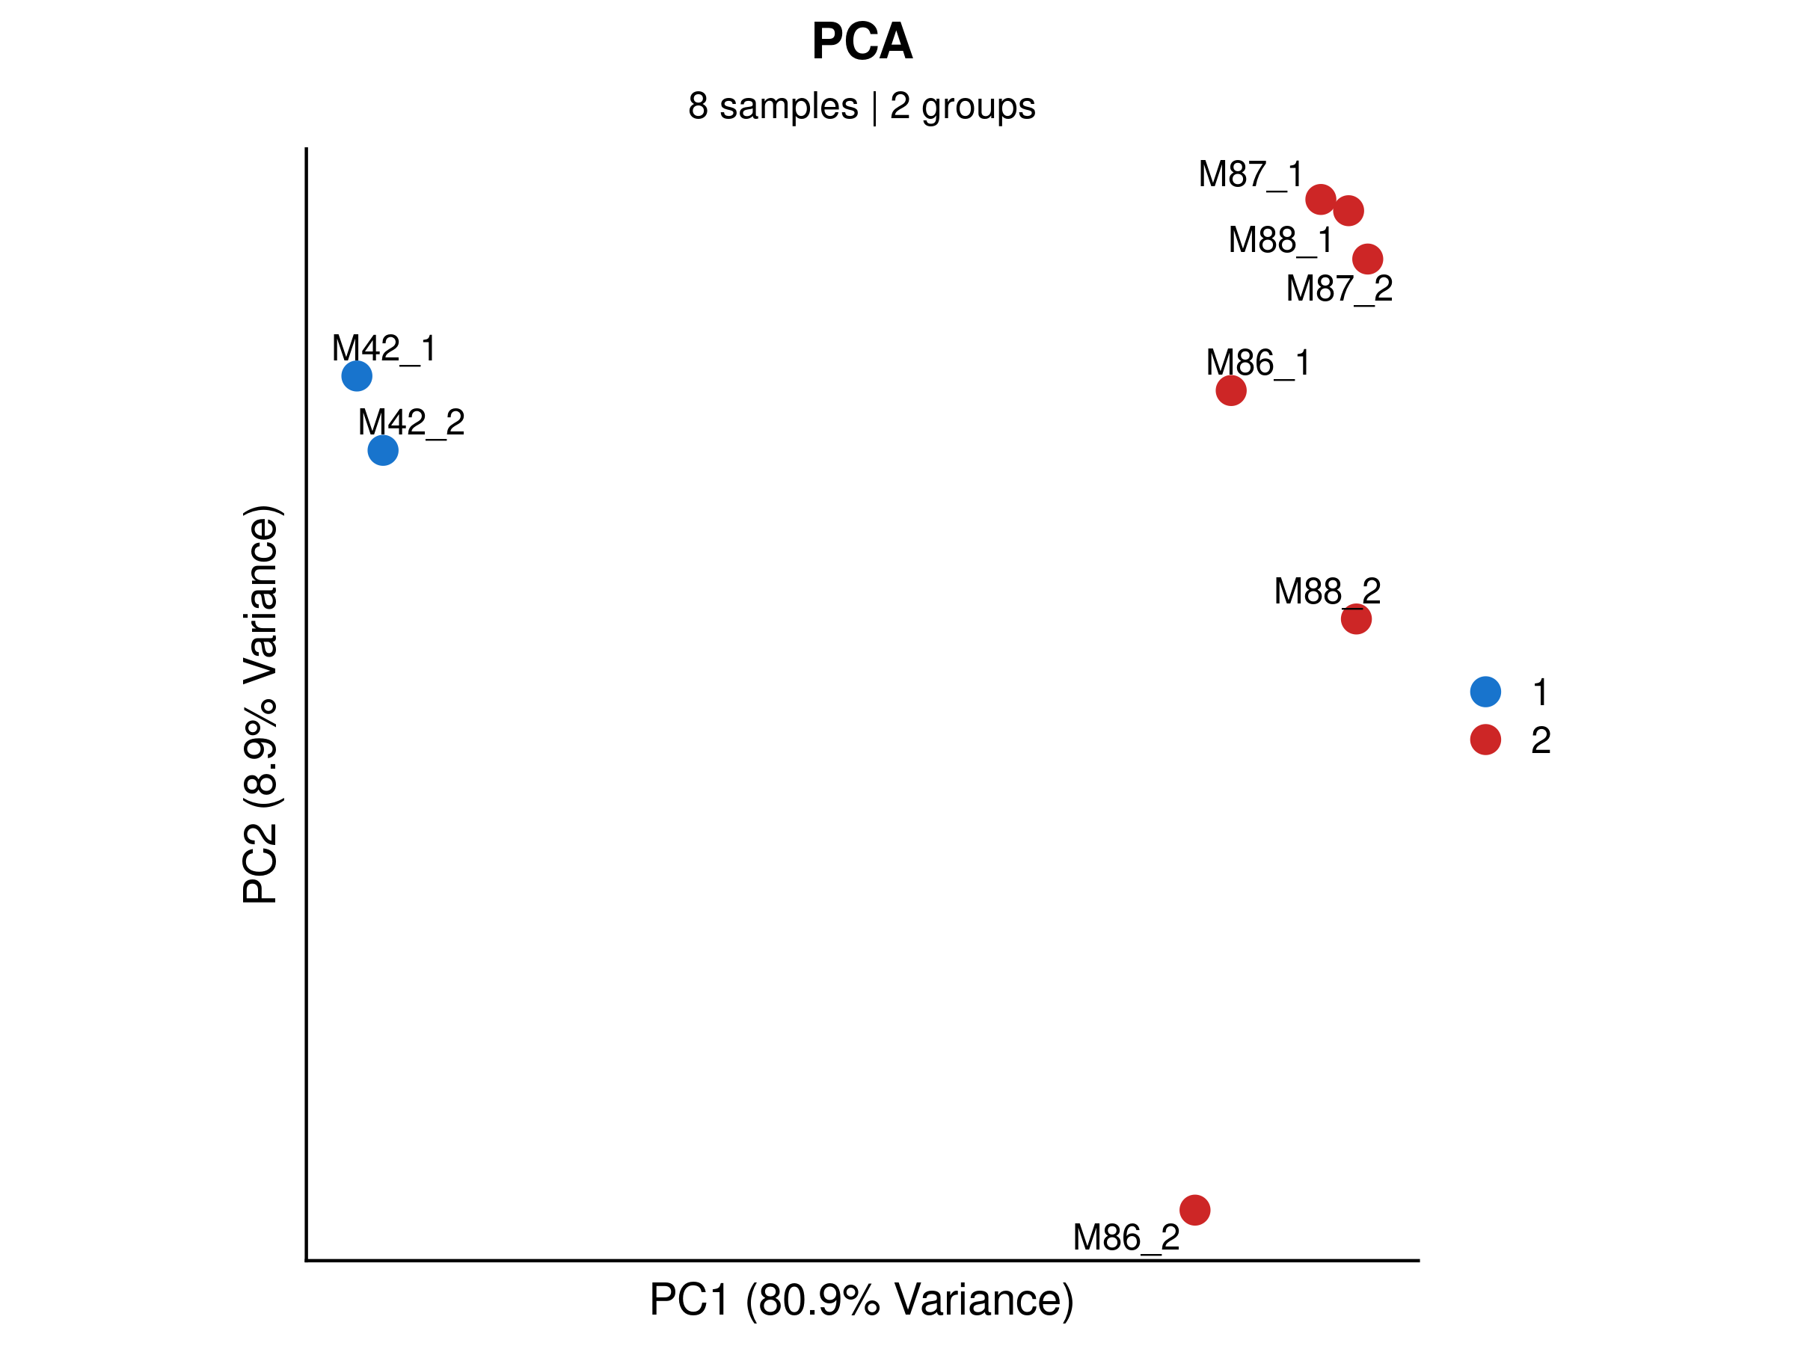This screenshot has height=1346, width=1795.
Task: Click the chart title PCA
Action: (x=862, y=41)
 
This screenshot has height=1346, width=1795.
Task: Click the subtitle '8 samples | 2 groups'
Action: (x=861, y=106)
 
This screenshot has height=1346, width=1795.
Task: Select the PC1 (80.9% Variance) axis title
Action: (x=861, y=1300)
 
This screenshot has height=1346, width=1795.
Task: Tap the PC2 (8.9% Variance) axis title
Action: (x=260, y=704)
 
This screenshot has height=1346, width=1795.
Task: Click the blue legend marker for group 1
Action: (x=1485, y=691)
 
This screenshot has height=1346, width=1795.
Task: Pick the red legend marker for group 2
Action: (x=1485, y=739)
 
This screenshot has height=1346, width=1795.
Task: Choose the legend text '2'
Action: (x=1540, y=740)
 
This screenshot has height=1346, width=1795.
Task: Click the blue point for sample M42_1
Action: (x=357, y=375)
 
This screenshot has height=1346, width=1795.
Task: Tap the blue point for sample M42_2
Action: (x=383, y=450)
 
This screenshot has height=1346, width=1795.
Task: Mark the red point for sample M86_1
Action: (x=1231, y=391)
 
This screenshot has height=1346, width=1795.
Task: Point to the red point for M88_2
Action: (x=1356, y=620)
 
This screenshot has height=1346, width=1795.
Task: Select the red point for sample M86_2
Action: (x=1194, y=1210)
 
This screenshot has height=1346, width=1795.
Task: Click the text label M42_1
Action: (x=384, y=349)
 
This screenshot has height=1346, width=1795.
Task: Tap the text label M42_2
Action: (x=411, y=422)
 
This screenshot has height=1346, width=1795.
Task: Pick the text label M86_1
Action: (x=1258, y=363)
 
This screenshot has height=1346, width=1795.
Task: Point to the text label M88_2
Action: (x=1327, y=591)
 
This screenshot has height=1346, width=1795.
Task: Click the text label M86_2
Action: (x=1126, y=1238)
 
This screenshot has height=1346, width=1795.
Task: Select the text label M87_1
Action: (x=1251, y=174)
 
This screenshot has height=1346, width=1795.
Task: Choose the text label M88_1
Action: (x=1280, y=240)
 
